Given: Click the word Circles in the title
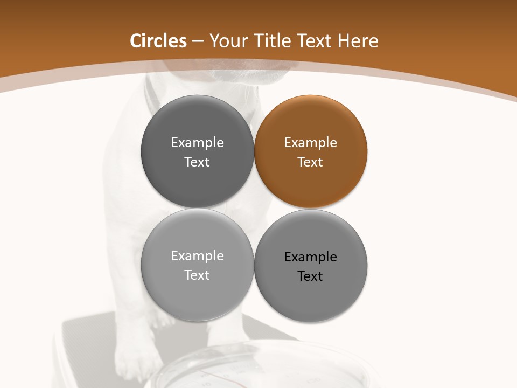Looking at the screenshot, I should [158, 41].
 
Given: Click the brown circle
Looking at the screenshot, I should [310, 151].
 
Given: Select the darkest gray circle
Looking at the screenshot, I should [197, 151].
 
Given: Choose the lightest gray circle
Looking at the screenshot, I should [197, 265].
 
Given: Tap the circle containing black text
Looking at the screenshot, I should [310, 266].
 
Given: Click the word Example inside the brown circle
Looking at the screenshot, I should [310, 143].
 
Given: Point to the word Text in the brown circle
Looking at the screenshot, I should [310, 162].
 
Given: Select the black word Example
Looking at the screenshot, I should [310, 257].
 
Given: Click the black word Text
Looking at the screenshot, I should [310, 276].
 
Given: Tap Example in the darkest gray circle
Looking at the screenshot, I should [197, 143].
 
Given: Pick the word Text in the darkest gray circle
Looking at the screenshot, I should [197, 162].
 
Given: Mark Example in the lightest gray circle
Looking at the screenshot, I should [197, 256].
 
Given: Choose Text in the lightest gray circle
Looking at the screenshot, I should [197, 275].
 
